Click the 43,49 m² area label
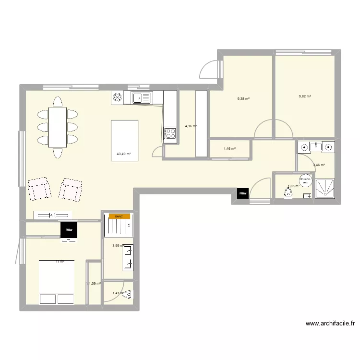(123, 155)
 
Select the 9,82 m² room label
(305, 96)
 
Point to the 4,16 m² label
(191, 126)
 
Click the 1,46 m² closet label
(230, 149)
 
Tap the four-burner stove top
(170, 134)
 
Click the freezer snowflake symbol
(118, 98)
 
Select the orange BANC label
(119, 216)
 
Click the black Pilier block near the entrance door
(243, 193)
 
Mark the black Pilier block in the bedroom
(69, 231)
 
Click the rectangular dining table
(58, 127)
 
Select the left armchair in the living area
(39, 188)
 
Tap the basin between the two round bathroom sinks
(314, 146)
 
